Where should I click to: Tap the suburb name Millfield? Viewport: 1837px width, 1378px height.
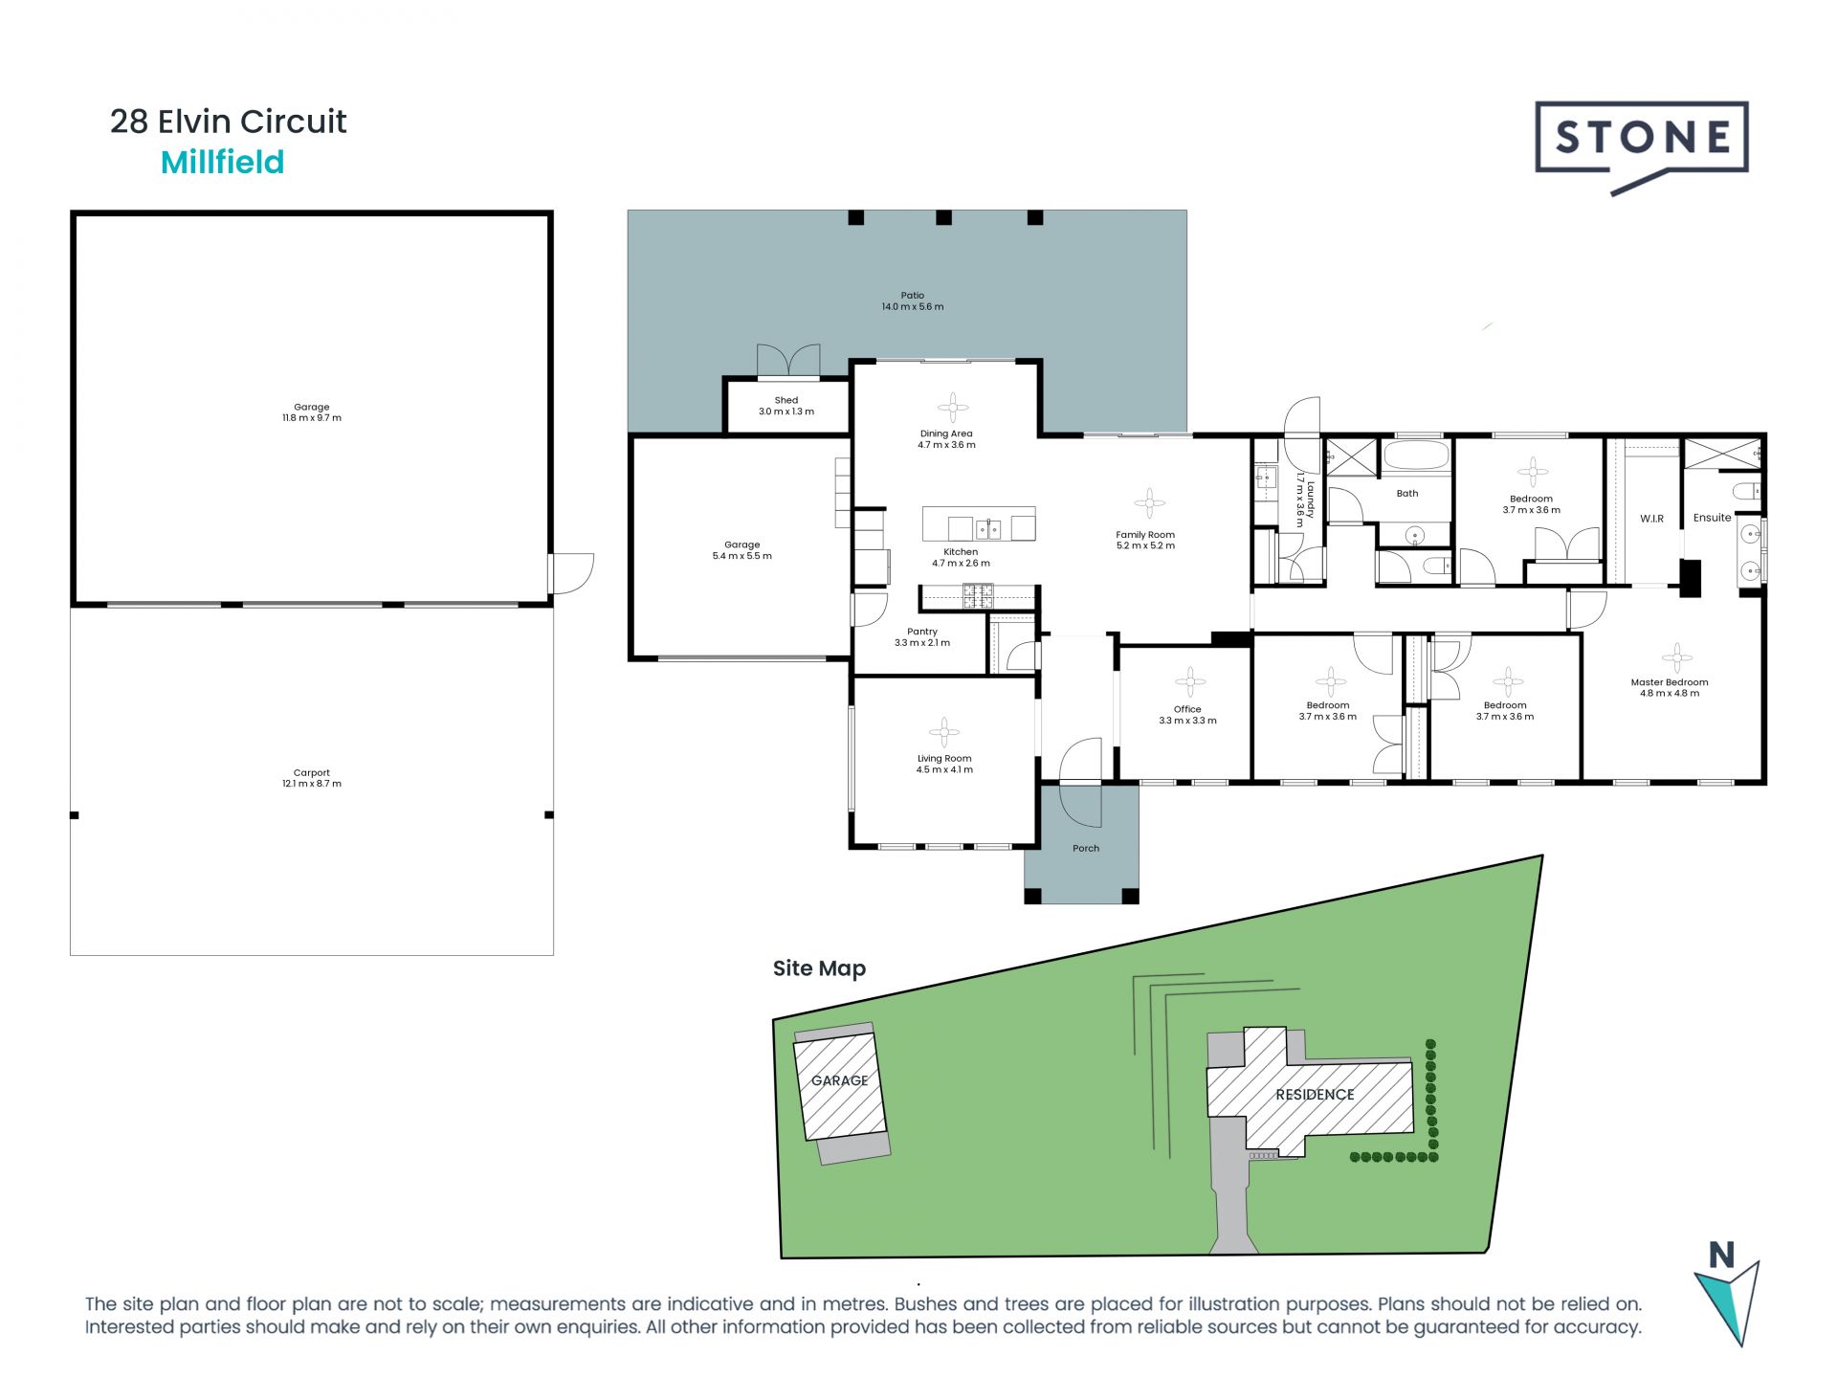pyautogui.click(x=222, y=163)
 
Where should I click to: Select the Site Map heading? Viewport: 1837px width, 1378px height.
pyautogui.click(x=819, y=968)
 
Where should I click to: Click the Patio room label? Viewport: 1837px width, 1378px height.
pyautogui.click(x=913, y=301)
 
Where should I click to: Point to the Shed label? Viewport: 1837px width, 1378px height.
pyautogui.click(x=786, y=406)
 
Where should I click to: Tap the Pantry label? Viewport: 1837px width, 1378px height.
pyautogui.click(x=922, y=637)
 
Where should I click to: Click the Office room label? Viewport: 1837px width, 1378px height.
pyautogui.click(x=1187, y=715)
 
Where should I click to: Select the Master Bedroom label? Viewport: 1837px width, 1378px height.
pyautogui.click(x=1670, y=688)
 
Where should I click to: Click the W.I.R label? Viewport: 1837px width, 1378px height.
pyautogui.click(x=1652, y=519)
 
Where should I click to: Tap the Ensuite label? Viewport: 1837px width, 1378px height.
pyautogui.click(x=1712, y=518)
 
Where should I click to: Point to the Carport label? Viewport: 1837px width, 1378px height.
pyautogui.click(x=312, y=778)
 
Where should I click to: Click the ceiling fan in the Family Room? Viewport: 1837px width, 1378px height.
pyautogui.click(x=1149, y=502)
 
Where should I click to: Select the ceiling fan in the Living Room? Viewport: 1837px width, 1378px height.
pyautogui.click(x=944, y=732)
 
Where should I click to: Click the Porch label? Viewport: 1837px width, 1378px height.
pyautogui.click(x=1086, y=849)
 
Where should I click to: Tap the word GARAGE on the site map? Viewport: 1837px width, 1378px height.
pyautogui.click(x=839, y=1080)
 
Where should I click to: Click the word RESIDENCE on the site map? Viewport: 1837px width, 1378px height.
pyautogui.click(x=1315, y=1095)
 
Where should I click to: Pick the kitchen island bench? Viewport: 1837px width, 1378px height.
pyautogui.click(x=979, y=524)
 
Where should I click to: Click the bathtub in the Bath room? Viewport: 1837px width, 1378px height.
pyautogui.click(x=1418, y=455)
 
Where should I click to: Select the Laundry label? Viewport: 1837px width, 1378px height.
pyautogui.click(x=1305, y=499)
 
